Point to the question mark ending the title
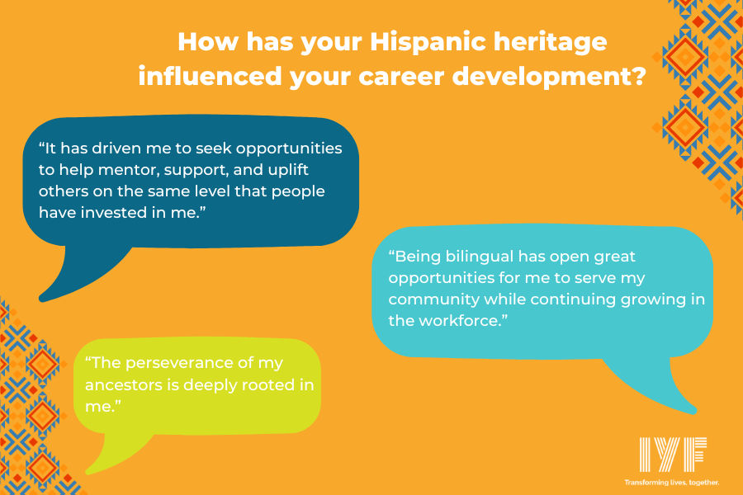[637, 76]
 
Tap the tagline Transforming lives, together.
[671, 481]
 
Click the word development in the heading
[551, 77]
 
